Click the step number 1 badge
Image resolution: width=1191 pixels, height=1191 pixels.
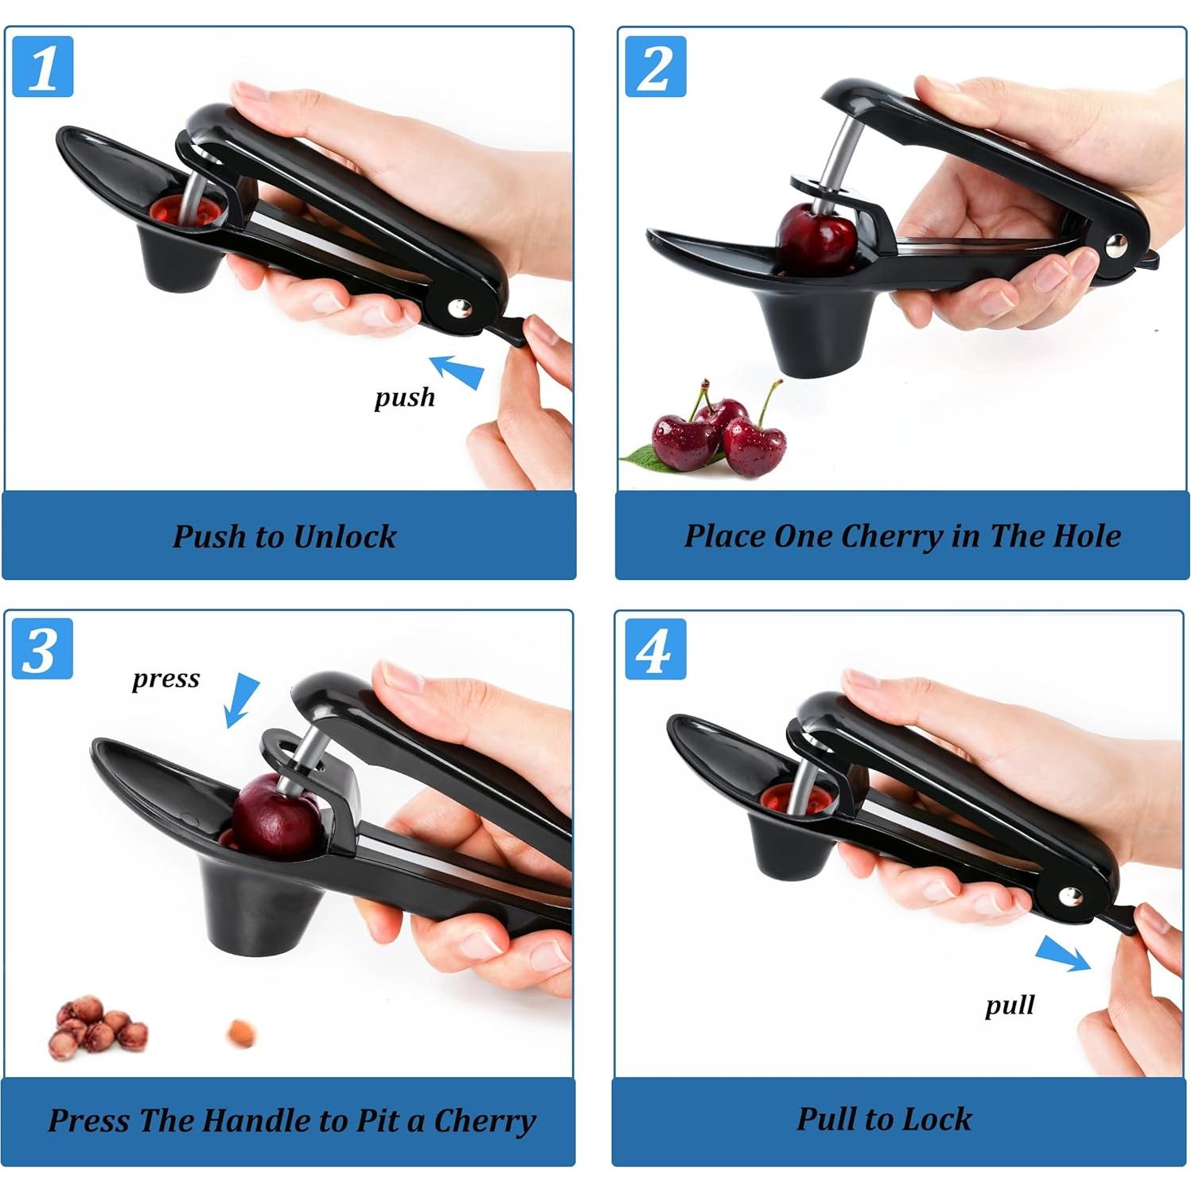[x=43, y=67]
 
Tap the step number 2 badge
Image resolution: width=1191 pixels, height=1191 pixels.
[x=655, y=67]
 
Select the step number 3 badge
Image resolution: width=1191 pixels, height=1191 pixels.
[x=42, y=649]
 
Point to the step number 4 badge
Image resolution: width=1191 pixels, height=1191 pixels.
[x=655, y=649]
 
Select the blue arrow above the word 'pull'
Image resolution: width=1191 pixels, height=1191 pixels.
[x=1063, y=953]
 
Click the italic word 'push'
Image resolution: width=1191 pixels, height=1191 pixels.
[x=405, y=397]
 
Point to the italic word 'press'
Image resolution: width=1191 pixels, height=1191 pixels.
[x=165, y=679]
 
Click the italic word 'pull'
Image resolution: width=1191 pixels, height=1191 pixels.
[x=1010, y=1005]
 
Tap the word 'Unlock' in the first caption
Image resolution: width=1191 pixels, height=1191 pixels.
[x=344, y=536]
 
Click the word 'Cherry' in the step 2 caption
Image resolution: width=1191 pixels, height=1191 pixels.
[x=892, y=536]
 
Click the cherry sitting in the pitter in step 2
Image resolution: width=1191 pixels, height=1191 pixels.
[x=816, y=239]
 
